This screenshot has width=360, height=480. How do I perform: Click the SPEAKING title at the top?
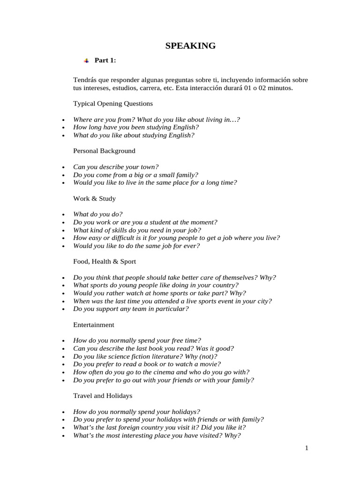[x=190, y=45]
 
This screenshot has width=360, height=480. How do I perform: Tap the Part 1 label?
[x=105, y=60]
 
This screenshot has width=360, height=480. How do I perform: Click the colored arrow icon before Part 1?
[x=86, y=60]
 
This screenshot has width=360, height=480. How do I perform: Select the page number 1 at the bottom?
[x=307, y=448]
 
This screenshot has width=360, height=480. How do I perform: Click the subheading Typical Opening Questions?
[x=112, y=103]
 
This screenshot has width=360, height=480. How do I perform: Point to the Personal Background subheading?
[x=104, y=151]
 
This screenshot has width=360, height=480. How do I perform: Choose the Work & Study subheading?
[x=94, y=198]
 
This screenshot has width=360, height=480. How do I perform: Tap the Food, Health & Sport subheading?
[x=105, y=262]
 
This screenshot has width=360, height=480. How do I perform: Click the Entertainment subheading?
[x=93, y=324]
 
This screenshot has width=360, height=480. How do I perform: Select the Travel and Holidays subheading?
[x=103, y=396]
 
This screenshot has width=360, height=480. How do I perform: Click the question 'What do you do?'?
[x=97, y=214]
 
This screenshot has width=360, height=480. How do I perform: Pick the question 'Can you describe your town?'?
[x=116, y=166]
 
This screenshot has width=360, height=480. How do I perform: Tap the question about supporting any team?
[x=131, y=309]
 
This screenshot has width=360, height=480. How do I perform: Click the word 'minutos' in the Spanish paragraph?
[x=281, y=88]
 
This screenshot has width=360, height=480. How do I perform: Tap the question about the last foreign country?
[x=159, y=427]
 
